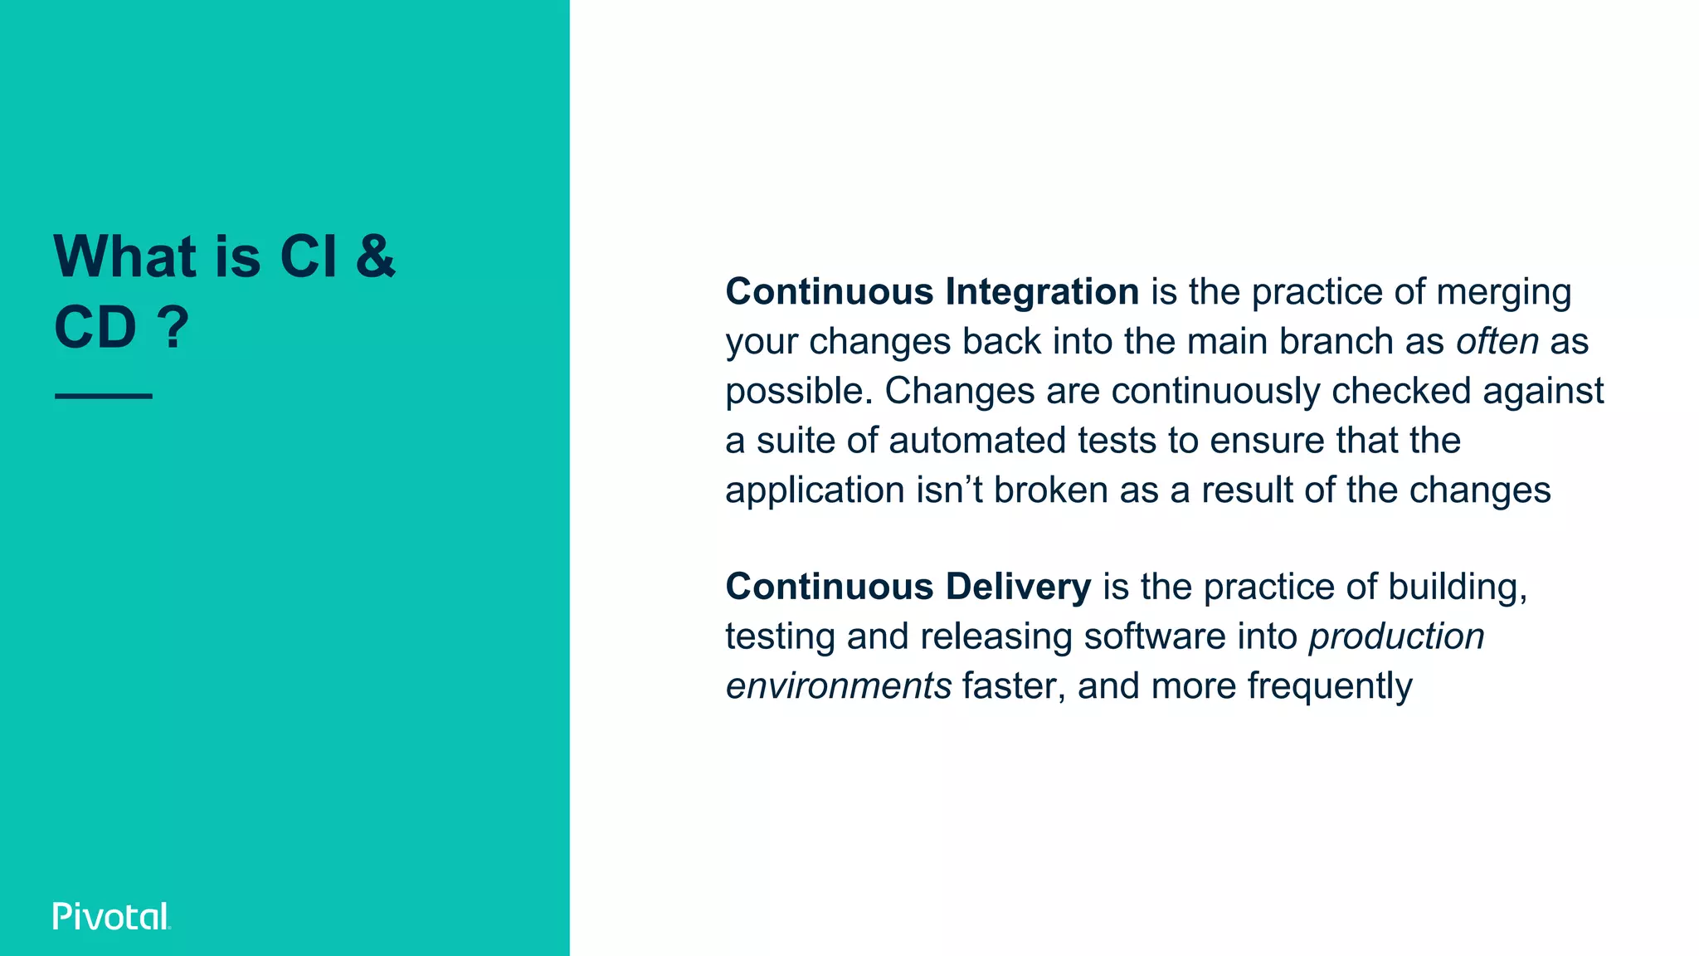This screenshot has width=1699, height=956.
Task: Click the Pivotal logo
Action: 111,916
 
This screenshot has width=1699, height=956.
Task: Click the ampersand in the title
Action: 375,256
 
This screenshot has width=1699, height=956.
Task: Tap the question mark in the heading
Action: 173,328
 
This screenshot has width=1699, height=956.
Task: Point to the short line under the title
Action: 104,397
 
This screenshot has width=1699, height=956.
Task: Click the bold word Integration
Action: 1042,292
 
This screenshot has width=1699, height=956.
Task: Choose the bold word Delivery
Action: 1018,587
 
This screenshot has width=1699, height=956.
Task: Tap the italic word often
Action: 1497,342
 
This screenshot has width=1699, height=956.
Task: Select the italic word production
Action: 1396,637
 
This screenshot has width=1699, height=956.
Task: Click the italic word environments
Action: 838,686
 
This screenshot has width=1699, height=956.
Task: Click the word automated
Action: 976,441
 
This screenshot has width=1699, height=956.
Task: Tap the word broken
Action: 1050,490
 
